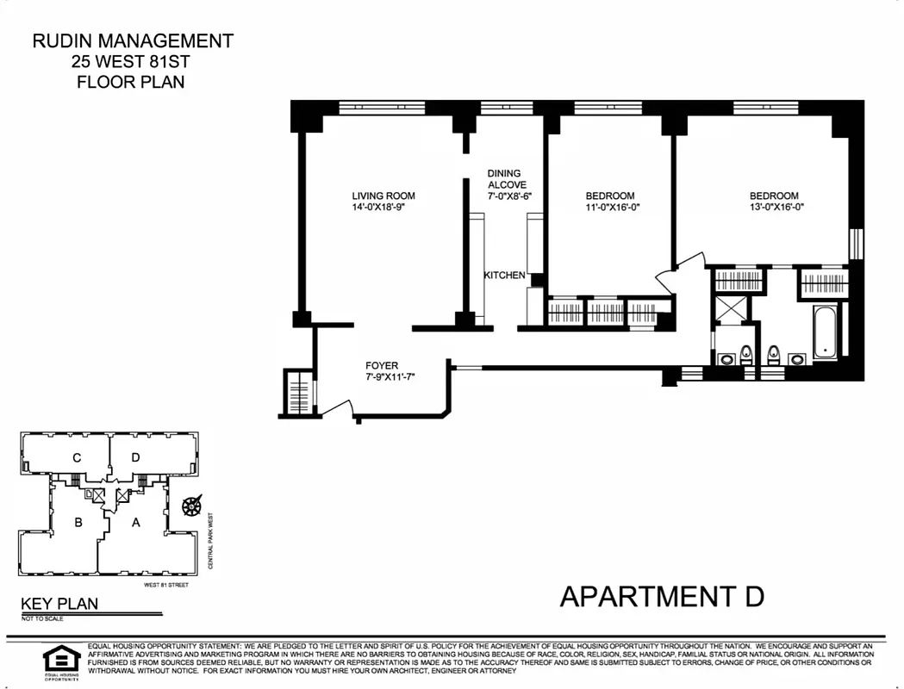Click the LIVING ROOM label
pos(383,196)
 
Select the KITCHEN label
pos(504,276)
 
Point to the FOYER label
pos(382,365)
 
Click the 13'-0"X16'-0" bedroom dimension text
pos(773,208)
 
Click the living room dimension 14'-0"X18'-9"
pos(383,208)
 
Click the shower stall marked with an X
pos(732,307)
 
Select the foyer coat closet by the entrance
pos(298,394)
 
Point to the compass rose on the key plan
pos(190,505)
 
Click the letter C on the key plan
pos(78,457)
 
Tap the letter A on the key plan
pos(135,521)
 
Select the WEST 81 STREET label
pos(166,585)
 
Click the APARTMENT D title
pos(662,596)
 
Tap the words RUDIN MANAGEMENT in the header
pos(132,40)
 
